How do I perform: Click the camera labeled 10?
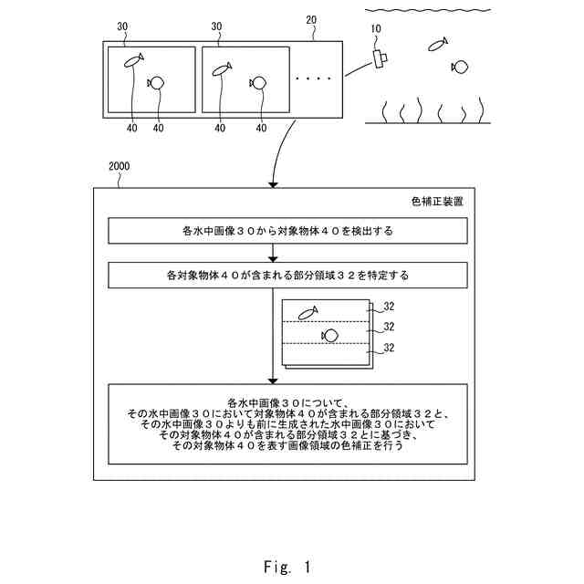pos(381,58)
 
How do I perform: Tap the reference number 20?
pos(311,20)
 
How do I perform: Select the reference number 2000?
pos(120,166)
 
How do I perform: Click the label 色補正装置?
pos(437,202)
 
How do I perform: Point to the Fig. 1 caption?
pos(287,567)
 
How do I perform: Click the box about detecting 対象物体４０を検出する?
pos(287,231)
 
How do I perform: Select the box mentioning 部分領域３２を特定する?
pos(287,276)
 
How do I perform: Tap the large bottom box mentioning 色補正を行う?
pos(287,424)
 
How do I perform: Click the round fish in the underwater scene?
pos(460,67)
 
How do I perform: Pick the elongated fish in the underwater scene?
pos(438,45)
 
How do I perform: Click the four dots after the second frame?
pos(313,78)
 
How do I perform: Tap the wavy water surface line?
pos(428,10)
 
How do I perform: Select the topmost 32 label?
pos(389,307)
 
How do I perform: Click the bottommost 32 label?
pos(389,348)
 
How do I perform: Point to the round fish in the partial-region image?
pos(329,336)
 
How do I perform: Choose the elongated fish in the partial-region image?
pos(308,313)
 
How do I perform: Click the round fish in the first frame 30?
pos(156,83)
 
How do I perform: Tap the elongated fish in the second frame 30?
pos(222,69)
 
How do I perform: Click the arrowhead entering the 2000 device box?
pos(274,185)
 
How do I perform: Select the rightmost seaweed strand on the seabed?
pos(481,109)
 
